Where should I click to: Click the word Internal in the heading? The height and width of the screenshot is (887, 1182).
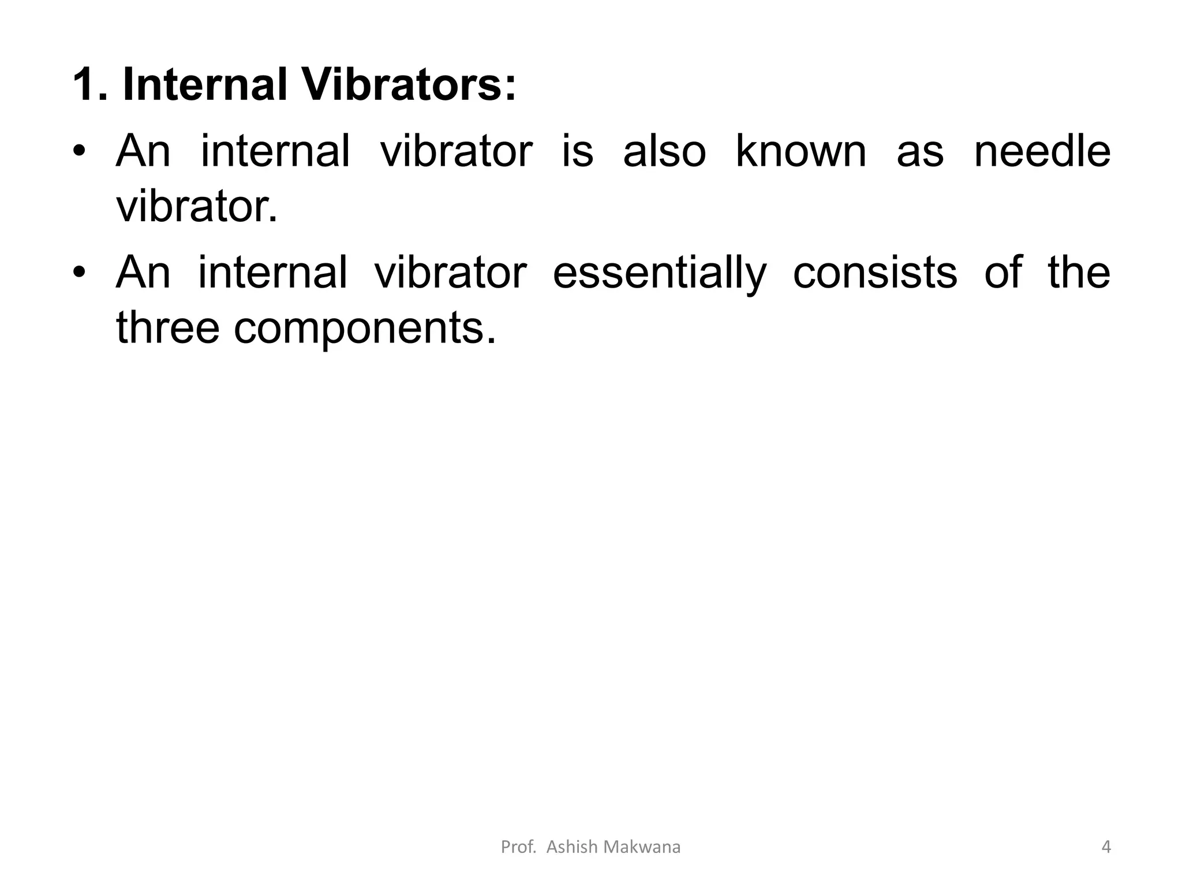[205, 85]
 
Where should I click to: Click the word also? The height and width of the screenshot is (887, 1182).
[664, 152]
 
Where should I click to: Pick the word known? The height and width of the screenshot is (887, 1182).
[801, 152]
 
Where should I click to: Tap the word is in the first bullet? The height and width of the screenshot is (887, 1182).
[577, 152]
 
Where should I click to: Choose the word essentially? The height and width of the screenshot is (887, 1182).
[660, 273]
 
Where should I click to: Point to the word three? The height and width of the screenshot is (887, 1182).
[168, 327]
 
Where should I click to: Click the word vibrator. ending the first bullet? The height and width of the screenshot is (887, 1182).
[197, 207]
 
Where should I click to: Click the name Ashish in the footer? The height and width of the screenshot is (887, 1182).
[571, 847]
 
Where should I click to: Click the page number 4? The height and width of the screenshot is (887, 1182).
[1106, 847]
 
